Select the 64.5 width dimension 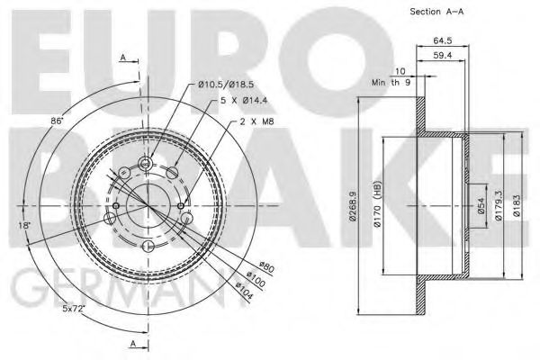(x=442, y=40)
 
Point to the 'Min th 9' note (x=391, y=83)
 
